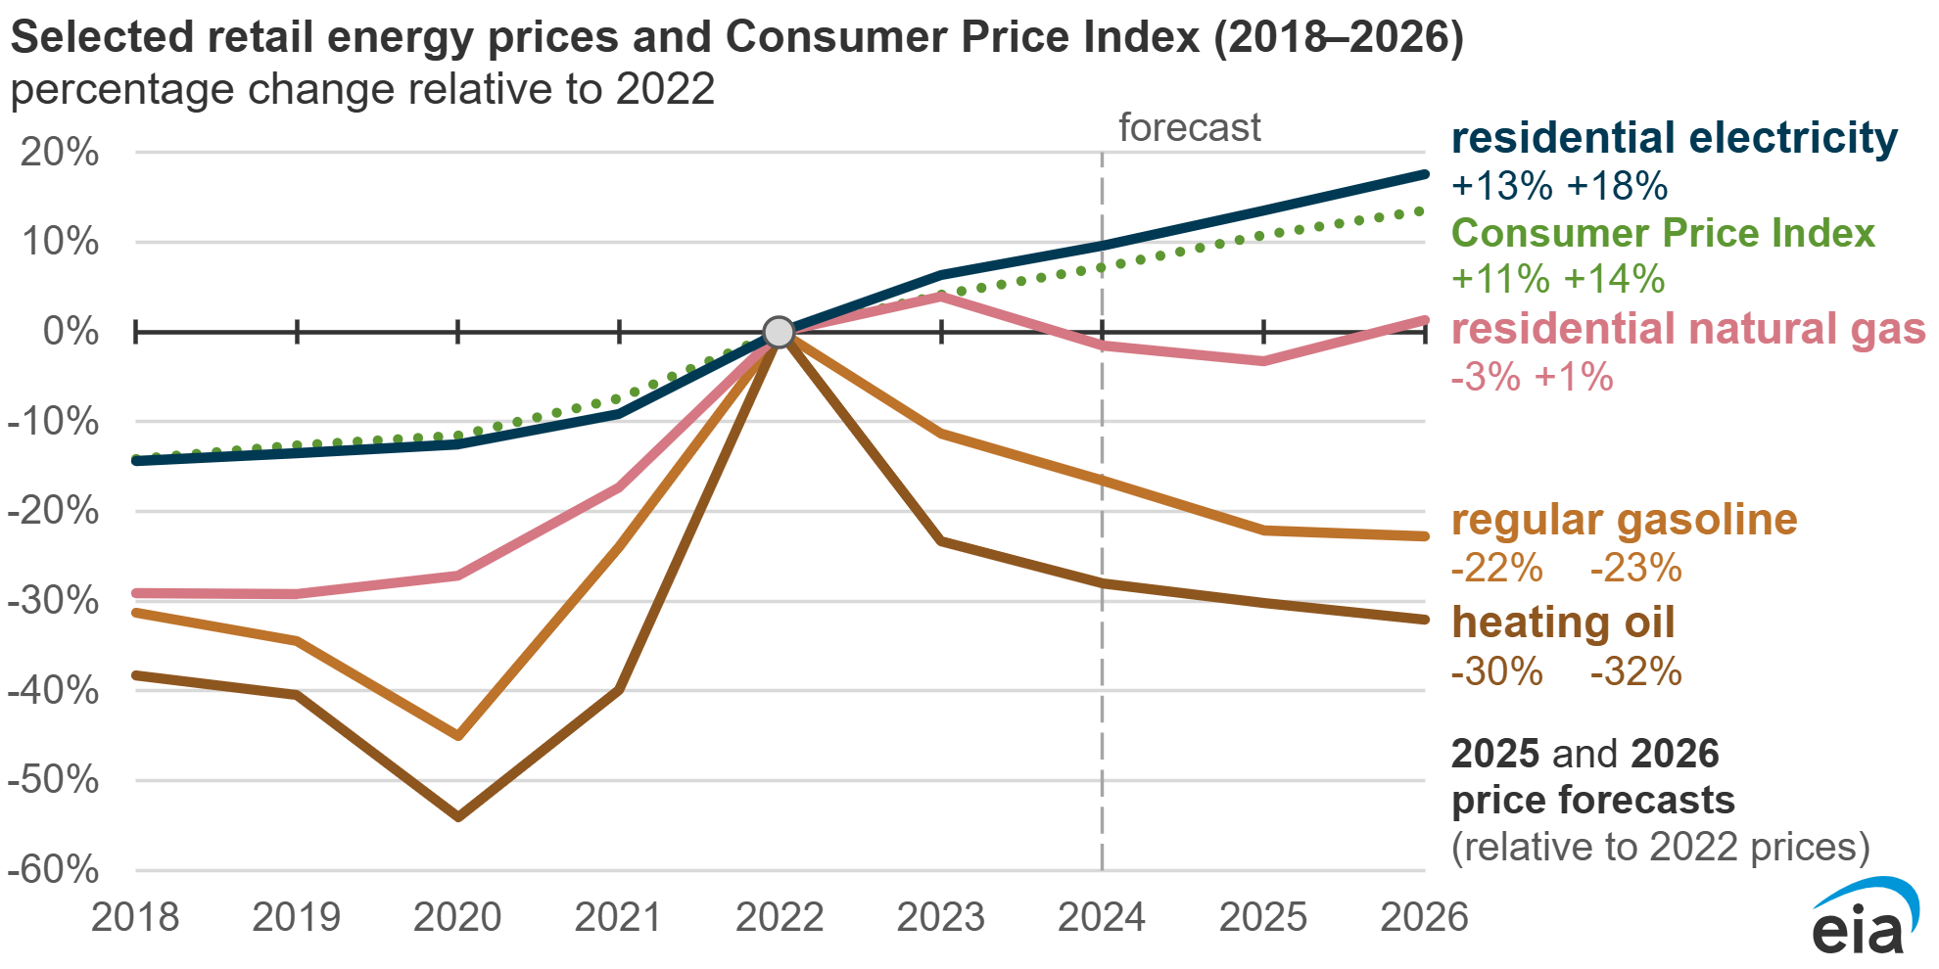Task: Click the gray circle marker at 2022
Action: coord(779,332)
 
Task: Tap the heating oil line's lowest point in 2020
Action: coord(458,815)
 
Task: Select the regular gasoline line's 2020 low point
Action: coord(458,735)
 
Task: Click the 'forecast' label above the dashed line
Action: coord(1189,127)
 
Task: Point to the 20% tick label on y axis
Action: coord(60,153)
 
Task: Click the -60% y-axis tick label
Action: coord(53,869)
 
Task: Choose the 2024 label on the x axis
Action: coord(1102,917)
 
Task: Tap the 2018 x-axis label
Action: coord(135,917)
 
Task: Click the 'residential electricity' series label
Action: coord(1674,138)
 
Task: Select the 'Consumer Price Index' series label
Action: coord(1662,233)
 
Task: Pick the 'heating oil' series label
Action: coord(1563,623)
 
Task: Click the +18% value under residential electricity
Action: coord(1617,186)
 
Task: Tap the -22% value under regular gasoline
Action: coord(1496,568)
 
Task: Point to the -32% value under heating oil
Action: coord(1635,671)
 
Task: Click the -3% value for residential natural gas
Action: coord(1486,377)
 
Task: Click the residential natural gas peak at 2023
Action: coord(940,296)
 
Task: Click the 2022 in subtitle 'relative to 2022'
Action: coord(665,89)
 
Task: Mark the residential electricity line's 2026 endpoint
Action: coord(1424,174)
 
